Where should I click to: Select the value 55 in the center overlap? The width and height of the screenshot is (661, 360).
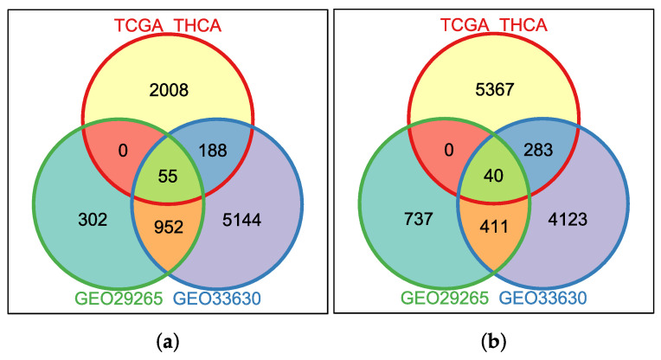pyautogui.click(x=168, y=176)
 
